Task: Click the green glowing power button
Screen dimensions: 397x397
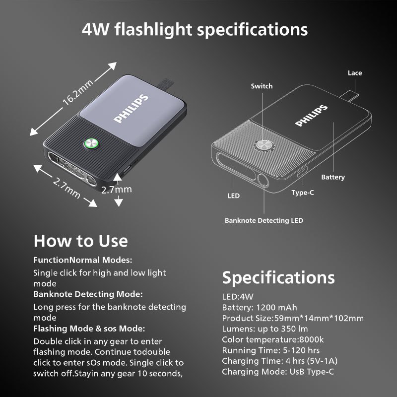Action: pos(91,144)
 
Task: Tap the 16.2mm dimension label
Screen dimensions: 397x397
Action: pos(78,92)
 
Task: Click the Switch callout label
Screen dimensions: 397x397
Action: pos(262,86)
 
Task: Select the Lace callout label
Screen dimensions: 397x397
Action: pos(355,73)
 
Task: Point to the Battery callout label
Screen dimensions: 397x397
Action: pos(333,177)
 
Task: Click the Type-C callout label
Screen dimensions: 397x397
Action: pos(303,193)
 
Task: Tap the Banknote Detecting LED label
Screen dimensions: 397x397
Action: pos(264,220)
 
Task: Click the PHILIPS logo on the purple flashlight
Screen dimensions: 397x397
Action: pos(131,108)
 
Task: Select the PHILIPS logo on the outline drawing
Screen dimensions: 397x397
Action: pos(312,116)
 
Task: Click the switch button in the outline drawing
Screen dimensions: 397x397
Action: pos(264,145)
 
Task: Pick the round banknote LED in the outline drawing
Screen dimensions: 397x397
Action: pos(263,180)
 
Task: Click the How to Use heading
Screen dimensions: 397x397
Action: pos(81,241)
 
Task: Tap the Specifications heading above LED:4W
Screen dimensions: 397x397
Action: pos(278,278)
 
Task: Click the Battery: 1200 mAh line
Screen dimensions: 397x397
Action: pos(260,307)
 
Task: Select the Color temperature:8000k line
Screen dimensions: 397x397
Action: pos(272,339)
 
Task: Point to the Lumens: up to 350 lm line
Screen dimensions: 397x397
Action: pos(265,329)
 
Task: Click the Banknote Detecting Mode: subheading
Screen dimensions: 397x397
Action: pos(88,294)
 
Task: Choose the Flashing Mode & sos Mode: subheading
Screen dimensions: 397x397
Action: pos(89,329)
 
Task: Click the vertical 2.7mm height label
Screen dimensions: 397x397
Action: pos(117,190)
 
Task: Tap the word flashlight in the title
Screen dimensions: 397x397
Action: pos(153,30)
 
